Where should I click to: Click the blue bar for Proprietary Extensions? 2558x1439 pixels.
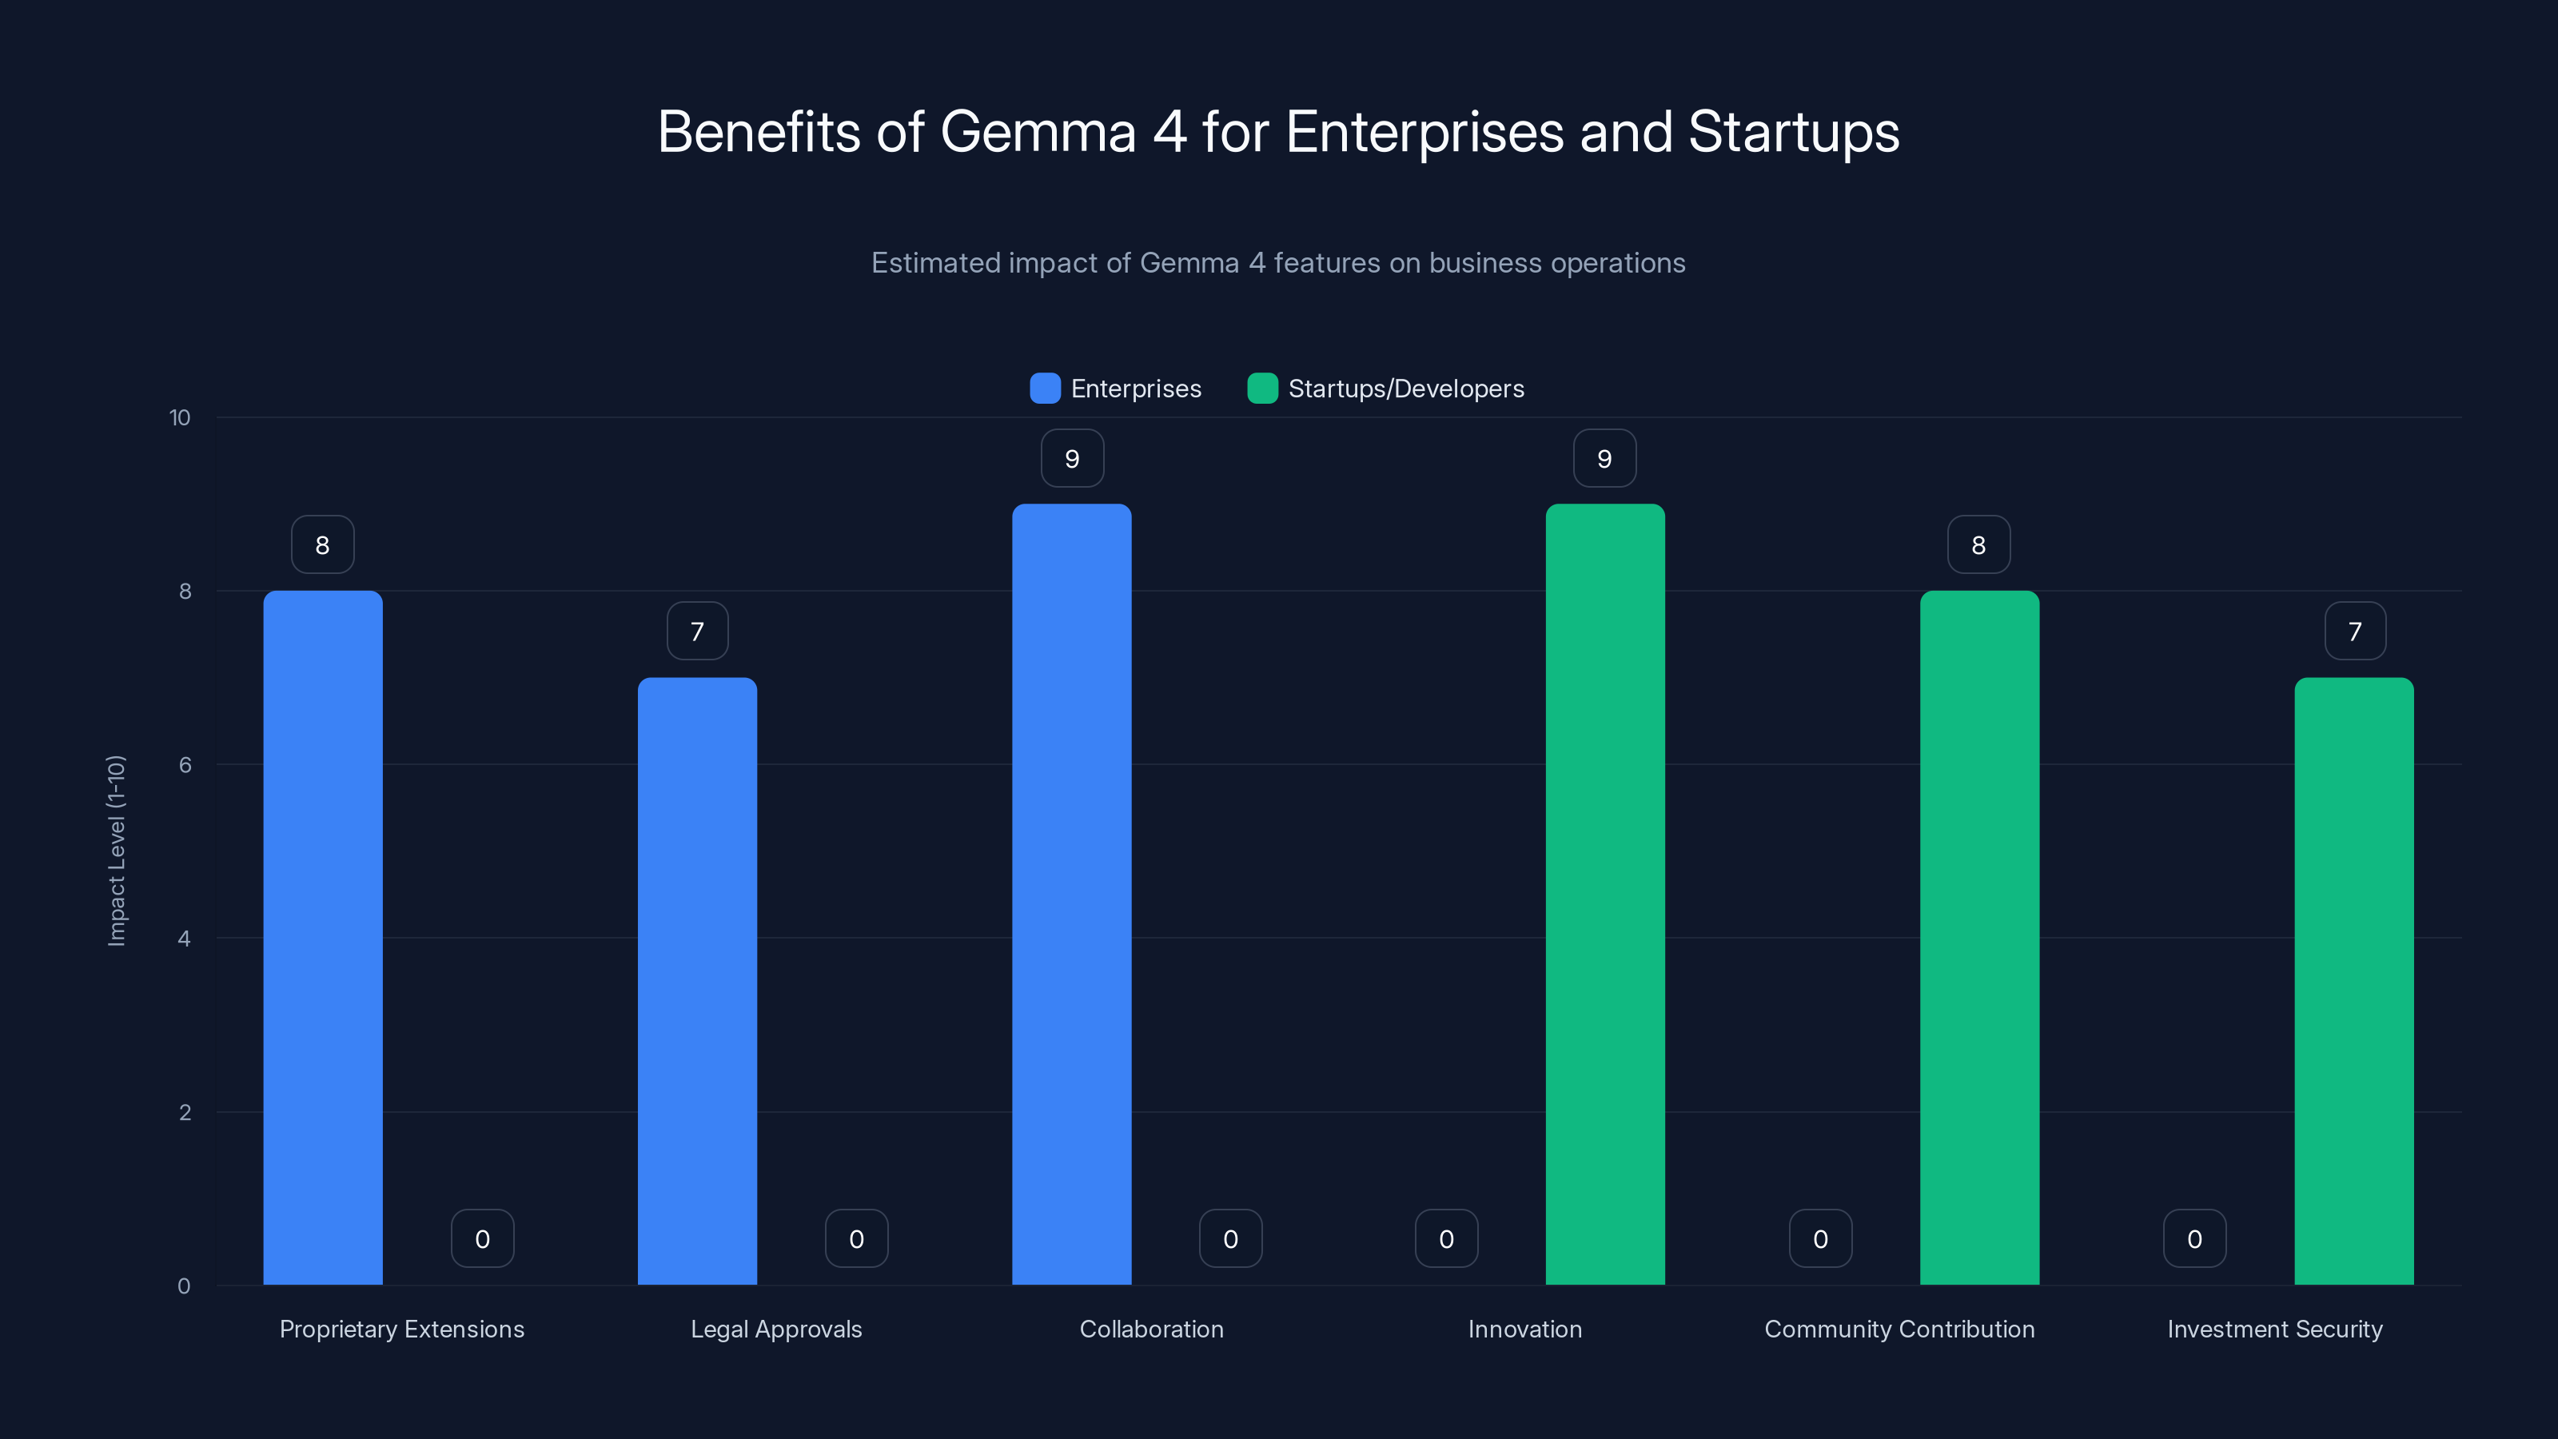point(323,938)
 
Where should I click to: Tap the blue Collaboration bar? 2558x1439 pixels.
point(1071,894)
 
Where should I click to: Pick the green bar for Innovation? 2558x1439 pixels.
point(1604,894)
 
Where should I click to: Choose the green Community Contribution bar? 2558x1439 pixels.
point(1979,938)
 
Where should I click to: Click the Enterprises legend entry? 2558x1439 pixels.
point(1116,389)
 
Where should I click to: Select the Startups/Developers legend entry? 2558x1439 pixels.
point(1386,389)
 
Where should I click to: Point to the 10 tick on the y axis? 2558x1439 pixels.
point(180,418)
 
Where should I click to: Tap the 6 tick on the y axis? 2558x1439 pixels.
point(185,765)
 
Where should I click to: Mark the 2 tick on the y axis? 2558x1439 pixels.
point(185,1112)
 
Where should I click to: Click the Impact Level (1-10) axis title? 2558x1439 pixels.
point(116,851)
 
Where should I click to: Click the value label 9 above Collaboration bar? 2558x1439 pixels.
point(1071,459)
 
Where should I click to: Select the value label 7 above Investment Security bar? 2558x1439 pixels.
point(2354,632)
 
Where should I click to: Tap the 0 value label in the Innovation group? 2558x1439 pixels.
point(1446,1238)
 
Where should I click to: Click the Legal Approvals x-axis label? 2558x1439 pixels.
point(776,1329)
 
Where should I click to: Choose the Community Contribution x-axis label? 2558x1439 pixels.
point(1899,1329)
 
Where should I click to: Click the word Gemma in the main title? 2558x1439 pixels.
point(1038,132)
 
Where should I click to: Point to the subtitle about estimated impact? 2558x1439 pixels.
point(1278,263)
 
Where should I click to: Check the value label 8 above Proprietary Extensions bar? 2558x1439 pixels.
point(323,545)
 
